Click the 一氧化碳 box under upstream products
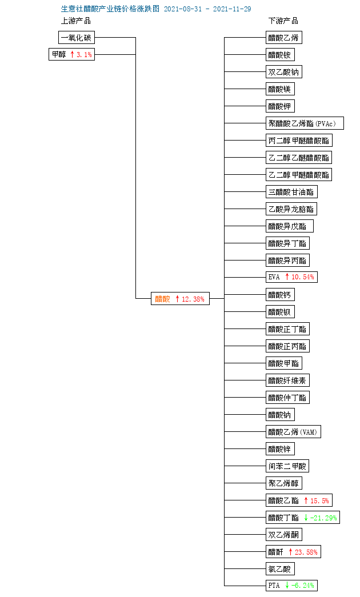pos(77,38)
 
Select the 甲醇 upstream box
pos(71,54)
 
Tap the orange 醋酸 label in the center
pos(162,299)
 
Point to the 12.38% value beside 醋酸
pos(193,299)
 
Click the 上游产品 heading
pos(76,21)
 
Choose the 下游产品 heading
pos(283,21)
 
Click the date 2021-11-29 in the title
pos(232,9)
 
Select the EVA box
pos(291,277)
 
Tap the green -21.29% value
pos(323,518)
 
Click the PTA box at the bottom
pos(291,586)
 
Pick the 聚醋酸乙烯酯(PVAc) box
pos(305,123)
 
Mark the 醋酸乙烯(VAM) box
pos(293,432)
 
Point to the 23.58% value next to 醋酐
pos(306,552)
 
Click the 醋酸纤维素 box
pos(287,380)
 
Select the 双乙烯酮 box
pos(284,535)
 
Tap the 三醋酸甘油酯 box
pos(291,192)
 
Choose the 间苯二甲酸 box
pos(287,466)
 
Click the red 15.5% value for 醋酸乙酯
pos(319,500)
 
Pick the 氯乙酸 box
pos(280,569)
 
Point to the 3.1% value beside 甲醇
pos(84,55)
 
